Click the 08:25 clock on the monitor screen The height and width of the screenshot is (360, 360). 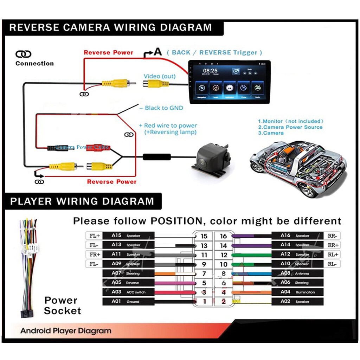(211, 71)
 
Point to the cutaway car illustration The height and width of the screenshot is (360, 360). (298, 168)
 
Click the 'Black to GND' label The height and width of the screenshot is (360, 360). (164, 108)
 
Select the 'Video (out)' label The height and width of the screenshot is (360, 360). (160, 76)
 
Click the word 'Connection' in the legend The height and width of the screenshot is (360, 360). (34, 64)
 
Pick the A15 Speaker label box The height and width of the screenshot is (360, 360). (128, 236)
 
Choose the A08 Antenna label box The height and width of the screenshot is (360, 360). (297, 273)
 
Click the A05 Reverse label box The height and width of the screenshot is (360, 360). (128, 282)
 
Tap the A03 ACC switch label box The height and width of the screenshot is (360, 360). (128, 292)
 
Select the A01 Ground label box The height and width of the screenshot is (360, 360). (128, 301)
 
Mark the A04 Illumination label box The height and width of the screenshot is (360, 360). (297, 292)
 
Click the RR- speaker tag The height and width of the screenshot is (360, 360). (332, 236)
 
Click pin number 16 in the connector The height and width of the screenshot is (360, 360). (224, 236)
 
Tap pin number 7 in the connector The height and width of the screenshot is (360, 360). (204, 274)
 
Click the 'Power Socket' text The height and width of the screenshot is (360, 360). (62, 306)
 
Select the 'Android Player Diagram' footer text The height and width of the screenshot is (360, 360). (66, 331)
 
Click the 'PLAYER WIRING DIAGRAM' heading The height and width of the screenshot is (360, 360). (82, 201)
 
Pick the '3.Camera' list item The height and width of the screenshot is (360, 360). (271, 133)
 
